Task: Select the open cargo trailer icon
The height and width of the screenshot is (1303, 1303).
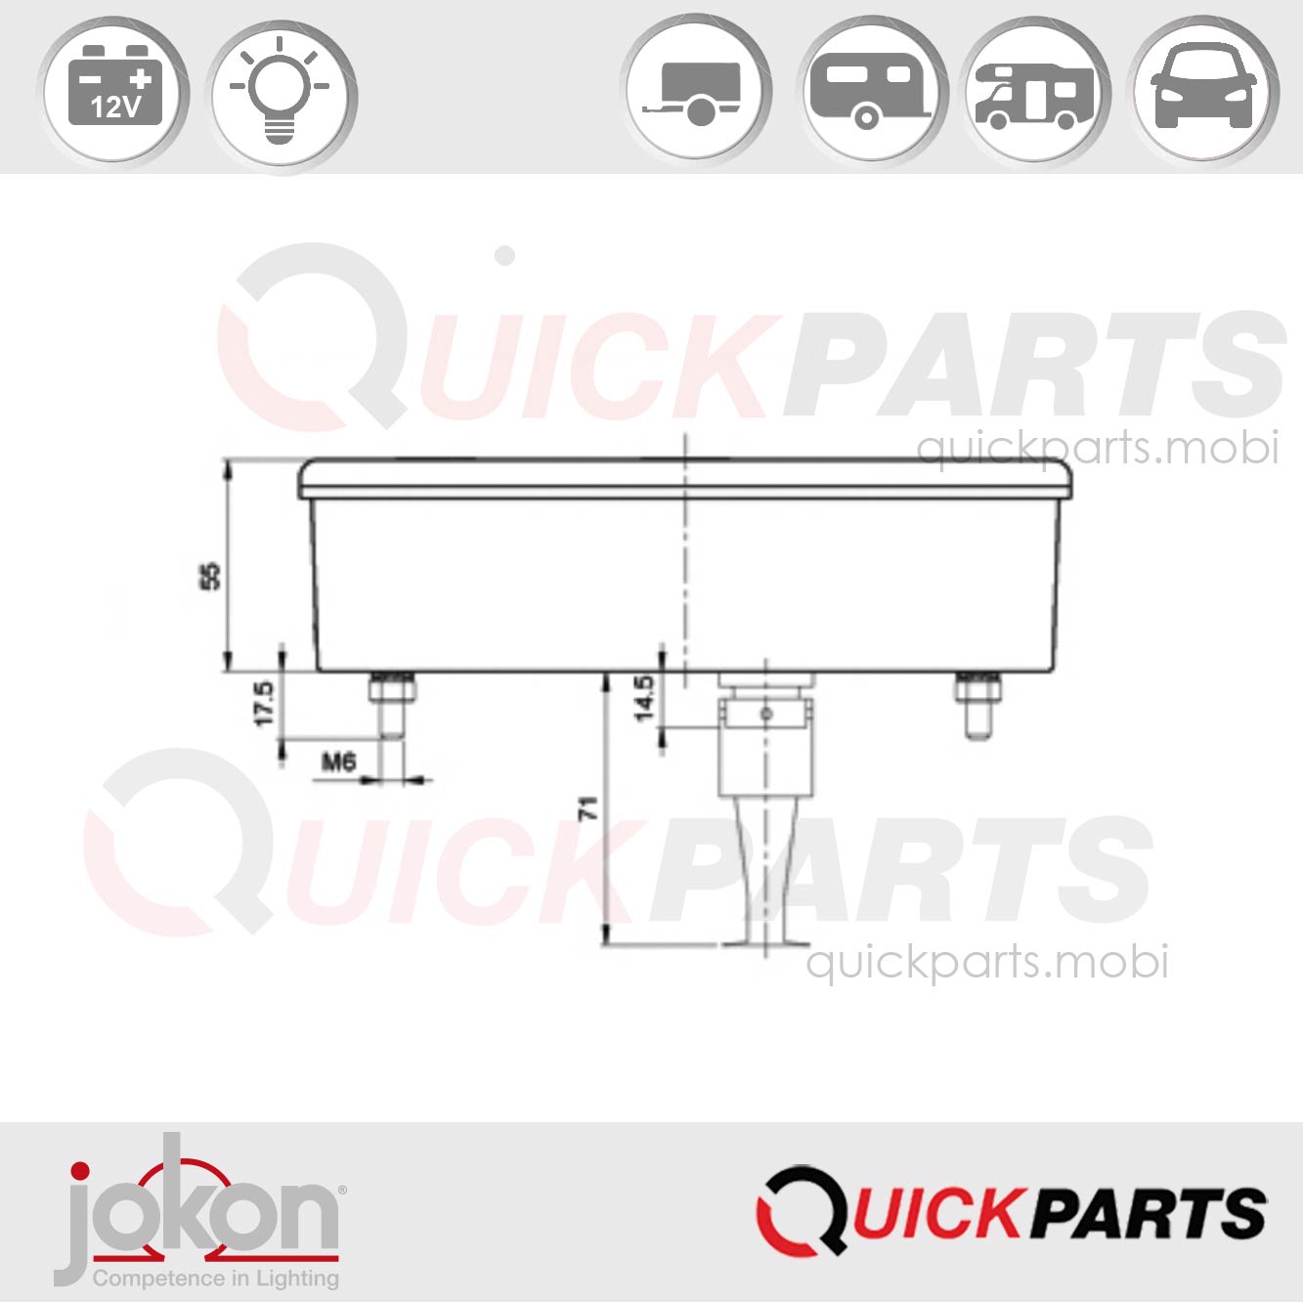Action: (x=696, y=92)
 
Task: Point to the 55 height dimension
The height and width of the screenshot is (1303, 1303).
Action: (x=209, y=575)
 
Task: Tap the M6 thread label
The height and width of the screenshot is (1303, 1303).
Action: (x=338, y=760)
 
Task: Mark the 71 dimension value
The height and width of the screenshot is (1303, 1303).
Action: (x=587, y=807)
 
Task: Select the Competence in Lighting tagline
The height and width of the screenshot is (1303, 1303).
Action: (x=215, y=1278)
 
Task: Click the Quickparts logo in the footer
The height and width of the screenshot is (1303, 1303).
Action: (x=1012, y=1212)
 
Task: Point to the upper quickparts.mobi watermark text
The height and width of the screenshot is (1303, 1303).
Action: (x=1097, y=449)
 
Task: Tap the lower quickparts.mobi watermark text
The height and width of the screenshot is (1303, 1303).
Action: (x=986, y=962)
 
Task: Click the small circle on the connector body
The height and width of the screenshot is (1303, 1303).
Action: (x=766, y=714)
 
